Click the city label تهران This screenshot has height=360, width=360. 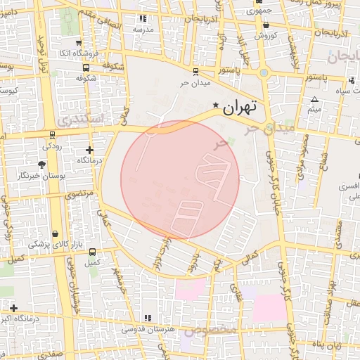(240, 108)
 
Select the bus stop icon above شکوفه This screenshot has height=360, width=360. (86, 68)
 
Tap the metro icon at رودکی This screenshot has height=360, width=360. (52, 135)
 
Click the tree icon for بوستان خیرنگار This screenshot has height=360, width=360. (43, 165)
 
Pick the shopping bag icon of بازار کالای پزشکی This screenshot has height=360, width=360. (55, 233)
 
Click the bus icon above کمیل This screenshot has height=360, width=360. (92, 252)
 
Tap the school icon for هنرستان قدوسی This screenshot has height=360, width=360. (147, 318)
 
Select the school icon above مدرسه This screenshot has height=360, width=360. (143, 19)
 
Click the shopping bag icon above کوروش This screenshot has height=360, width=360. (266, 25)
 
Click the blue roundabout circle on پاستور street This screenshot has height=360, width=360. (264, 72)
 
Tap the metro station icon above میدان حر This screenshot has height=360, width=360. (195, 71)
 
